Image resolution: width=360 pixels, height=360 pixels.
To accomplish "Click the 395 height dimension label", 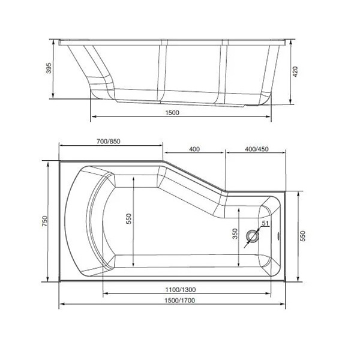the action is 49,68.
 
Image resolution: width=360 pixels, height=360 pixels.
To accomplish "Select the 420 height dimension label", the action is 295,71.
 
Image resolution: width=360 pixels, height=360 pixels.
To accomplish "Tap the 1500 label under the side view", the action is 172,113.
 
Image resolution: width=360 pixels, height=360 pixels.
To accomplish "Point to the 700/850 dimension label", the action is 109,141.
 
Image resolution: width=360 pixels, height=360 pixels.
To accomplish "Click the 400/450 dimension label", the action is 257,149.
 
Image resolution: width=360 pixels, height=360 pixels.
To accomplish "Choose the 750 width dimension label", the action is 45,221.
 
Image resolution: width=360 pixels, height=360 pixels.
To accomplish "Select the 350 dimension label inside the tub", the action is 235,234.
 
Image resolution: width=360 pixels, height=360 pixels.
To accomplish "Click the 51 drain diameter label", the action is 265,223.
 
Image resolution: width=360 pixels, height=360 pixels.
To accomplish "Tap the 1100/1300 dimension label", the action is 181,290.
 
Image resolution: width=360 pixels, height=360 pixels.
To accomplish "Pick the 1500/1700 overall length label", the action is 180,301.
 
